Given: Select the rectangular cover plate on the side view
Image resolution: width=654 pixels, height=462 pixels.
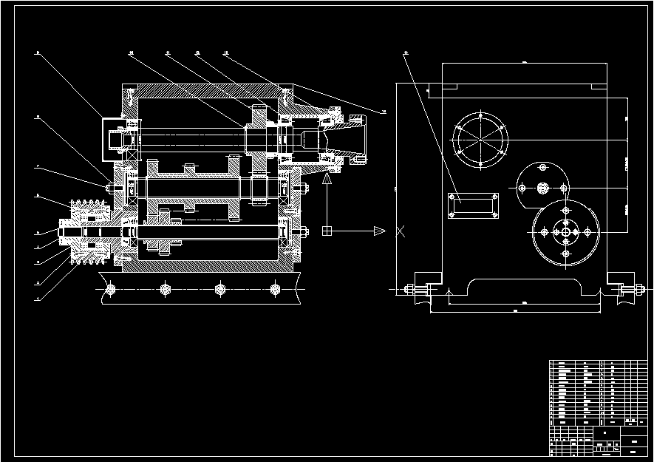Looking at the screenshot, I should (474, 205).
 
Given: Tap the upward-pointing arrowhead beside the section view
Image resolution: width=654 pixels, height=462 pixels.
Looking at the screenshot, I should (329, 177).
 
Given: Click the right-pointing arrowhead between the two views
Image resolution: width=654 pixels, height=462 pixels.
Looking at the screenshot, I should (380, 231).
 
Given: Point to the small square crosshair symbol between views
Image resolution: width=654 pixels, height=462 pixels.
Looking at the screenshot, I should (327, 231).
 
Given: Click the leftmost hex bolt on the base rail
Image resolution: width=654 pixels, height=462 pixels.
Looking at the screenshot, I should (110, 288).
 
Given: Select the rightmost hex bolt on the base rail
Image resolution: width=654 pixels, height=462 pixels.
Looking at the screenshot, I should (275, 288).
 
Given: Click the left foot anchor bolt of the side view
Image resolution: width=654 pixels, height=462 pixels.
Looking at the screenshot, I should (415, 289).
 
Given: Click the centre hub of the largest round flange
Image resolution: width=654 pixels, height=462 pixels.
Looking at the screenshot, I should (565, 232).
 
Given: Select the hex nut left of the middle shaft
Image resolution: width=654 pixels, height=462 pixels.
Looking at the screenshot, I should (110, 188).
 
